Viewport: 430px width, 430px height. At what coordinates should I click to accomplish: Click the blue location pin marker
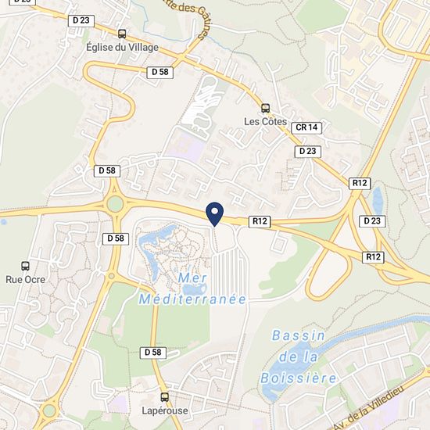pyautogui.click(x=214, y=212)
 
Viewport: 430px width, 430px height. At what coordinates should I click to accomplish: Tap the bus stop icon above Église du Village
pyautogui.click(x=122, y=34)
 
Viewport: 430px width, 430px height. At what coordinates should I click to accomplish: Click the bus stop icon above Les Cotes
pyautogui.click(x=265, y=108)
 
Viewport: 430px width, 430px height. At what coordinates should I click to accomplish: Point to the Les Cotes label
pyautogui.click(x=265, y=121)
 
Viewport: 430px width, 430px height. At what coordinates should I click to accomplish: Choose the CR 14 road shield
pyautogui.click(x=306, y=127)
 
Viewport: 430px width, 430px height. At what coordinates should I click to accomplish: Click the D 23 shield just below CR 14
pyautogui.click(x=306, y=150)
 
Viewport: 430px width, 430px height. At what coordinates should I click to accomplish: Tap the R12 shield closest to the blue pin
pyautogui.click(x=260, y=221)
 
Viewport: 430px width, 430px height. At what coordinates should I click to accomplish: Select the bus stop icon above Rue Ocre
pyautogui.click(x=26, y=266)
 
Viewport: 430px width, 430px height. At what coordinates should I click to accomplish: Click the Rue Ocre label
pyautogui.click(x=26, y=279)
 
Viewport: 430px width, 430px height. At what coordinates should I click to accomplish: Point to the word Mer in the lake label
pyautogui.click(x=193, y=279)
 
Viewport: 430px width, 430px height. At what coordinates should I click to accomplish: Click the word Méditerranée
pyautogui.click(x=193, y=299)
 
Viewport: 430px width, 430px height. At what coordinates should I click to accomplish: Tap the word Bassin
pyautogui.click(x=299, y=335)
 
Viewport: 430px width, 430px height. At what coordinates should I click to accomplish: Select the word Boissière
pyautogui.click(x=299, y=378)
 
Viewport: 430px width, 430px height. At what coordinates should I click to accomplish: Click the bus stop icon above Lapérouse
pyautogui.click(x=164, y=396)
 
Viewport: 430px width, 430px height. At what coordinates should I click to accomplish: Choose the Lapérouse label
pyautogui.click(x=164, y=410)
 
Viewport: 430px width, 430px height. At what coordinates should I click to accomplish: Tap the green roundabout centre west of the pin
pyautogui.click(x=116, y=205)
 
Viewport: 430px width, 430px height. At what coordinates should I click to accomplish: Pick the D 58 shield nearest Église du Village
pyautogui.click(x=159, y=71)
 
